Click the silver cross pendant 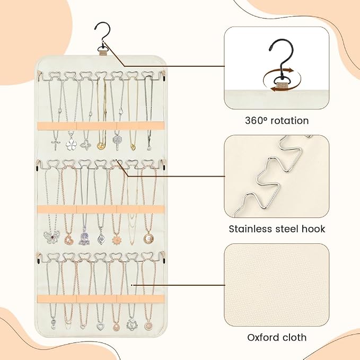point(56,144)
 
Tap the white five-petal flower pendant point(71,144)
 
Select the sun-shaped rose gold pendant point(117,240)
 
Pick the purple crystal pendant point(84,238)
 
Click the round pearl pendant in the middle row point(148,238)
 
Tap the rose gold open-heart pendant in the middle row point(68,239)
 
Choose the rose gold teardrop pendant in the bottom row point(117,326)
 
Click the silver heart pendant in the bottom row point(100,327)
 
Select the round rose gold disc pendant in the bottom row point(148,326)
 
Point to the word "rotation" point(289,121)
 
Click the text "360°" point(256,121)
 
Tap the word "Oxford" point(263,337)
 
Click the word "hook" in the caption point(313,229)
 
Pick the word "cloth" point(295,337)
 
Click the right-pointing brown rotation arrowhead point(292,70)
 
